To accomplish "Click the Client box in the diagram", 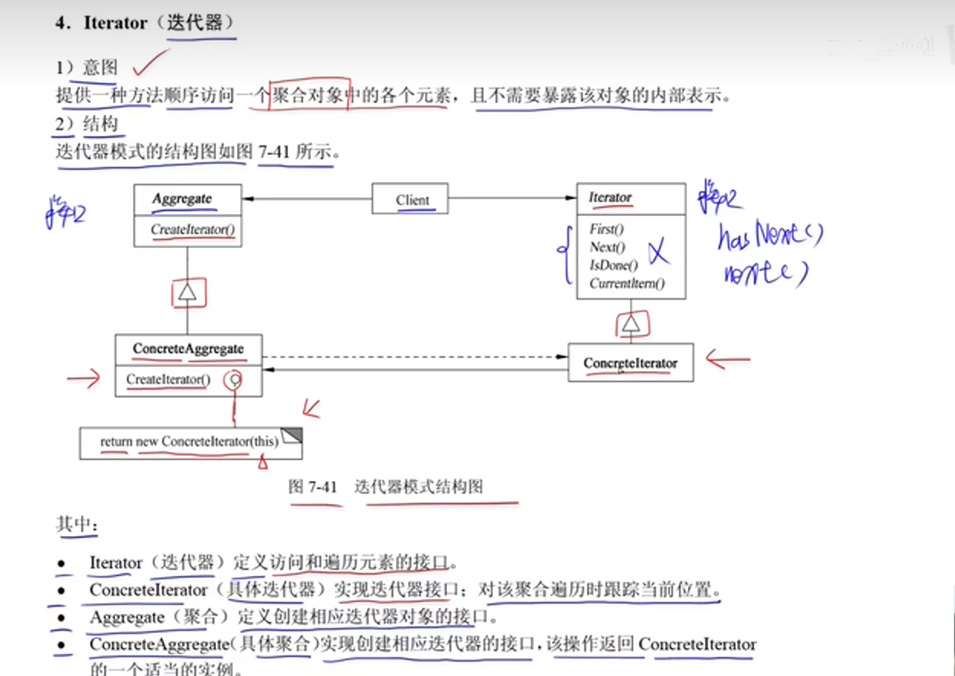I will pyautogui.click(x=410, y=199).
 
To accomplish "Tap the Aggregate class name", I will pyautogui.click(x=182, y=198).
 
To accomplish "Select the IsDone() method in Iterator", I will pyautogui.click(x=613, y=265).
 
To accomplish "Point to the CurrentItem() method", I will pyautogui.click(x=626, y=283).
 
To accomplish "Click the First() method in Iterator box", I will pyautogui.click(x=606, y=229).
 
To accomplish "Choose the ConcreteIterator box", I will pyautogui.click(x=630, y=363).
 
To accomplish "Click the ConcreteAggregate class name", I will pyautogui.click(x=188, y=349).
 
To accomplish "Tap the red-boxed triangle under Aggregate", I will pyautogui.click(x=188, y=293).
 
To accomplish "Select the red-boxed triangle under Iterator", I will pyautogui.click(x=631, y=324).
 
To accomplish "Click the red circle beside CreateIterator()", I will pyautogui.click(x=233, y=380).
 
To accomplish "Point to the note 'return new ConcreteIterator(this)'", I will pyautogui.click(x=189, y=442).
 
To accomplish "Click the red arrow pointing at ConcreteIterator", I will pyautogui.click(x=727, y=359).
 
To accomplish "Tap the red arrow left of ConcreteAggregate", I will pyautogui.click(x=84, y=378).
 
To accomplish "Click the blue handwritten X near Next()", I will pyautogui.click(x=658, y=251).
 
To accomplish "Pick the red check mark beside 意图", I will pyautogui.click(x=150, y=63).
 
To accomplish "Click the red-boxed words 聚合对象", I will pyautogui.click(x=308, y=96).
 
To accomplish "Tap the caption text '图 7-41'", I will pyautogui.click(x=312, y=487).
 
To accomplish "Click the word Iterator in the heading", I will pyautogui.click(x=115, y=23).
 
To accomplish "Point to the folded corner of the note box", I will pyautogui.click(x=292, y=435).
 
